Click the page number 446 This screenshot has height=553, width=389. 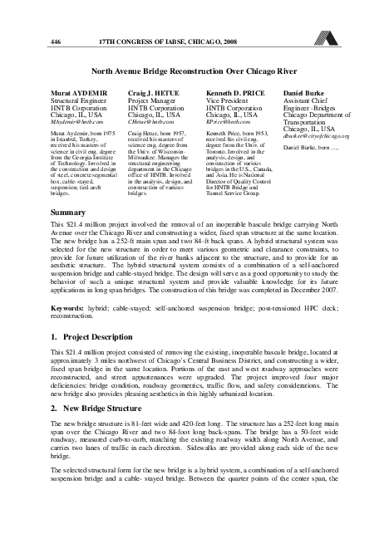[56, 42]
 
